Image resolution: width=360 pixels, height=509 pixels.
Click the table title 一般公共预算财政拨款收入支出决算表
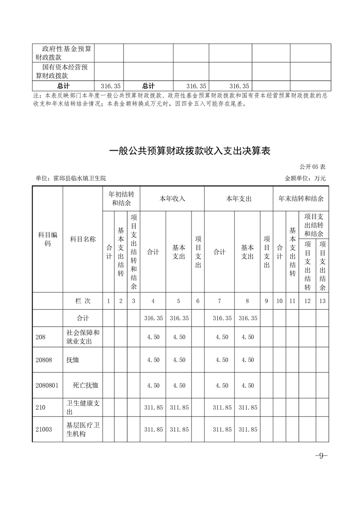tap(190, 151)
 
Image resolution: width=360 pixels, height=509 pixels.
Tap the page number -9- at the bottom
tap(321, 456)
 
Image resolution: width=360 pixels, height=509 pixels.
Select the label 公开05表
tap(313, 167)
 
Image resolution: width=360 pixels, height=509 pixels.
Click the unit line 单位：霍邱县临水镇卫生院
tap(70, 178)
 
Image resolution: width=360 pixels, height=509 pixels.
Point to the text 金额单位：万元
tap(305, 178)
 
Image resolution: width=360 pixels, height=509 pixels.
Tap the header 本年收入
tap(172, 199)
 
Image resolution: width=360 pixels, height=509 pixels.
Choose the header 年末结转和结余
tap(301, 199)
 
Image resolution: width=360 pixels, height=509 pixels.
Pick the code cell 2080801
tap(47, 385)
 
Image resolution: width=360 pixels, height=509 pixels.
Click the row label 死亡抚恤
tap(86, 385)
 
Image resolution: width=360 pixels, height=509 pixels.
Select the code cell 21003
tap(44, 430)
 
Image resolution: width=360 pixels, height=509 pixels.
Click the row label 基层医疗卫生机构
tap(83, 430)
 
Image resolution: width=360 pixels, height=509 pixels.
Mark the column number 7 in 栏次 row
tap(220, 301)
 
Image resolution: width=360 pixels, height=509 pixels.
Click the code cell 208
tap(41, 337)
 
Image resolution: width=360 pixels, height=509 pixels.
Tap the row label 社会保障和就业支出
tap(83, 337)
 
